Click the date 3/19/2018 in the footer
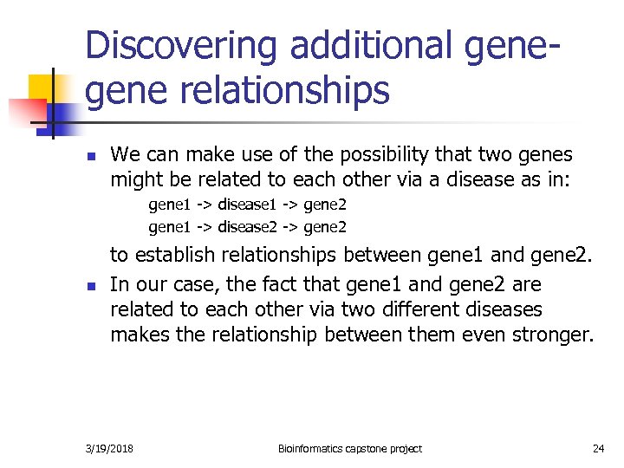point(110,448)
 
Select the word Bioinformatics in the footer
point(313,448)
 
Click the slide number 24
point(598,448)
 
